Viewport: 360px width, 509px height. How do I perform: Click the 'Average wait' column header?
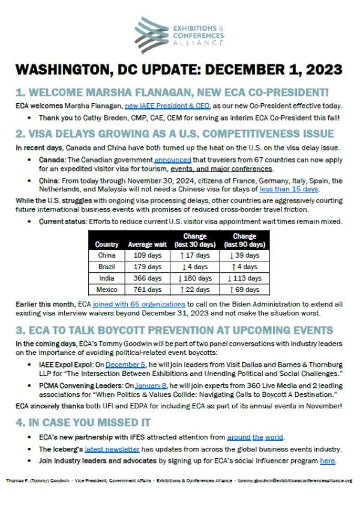[x=145, y=245]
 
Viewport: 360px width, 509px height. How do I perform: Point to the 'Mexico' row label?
[x=107, y=290]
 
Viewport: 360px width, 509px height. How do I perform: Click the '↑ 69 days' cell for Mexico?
[x=244, y=290]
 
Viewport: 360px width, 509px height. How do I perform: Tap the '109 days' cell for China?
[x=145, y=255]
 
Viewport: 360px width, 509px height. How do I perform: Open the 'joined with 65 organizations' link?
[x=139, y=305]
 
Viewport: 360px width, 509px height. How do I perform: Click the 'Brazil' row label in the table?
[x=107, y=267]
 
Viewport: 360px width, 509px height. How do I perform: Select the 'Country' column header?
[x=107, y=245]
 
